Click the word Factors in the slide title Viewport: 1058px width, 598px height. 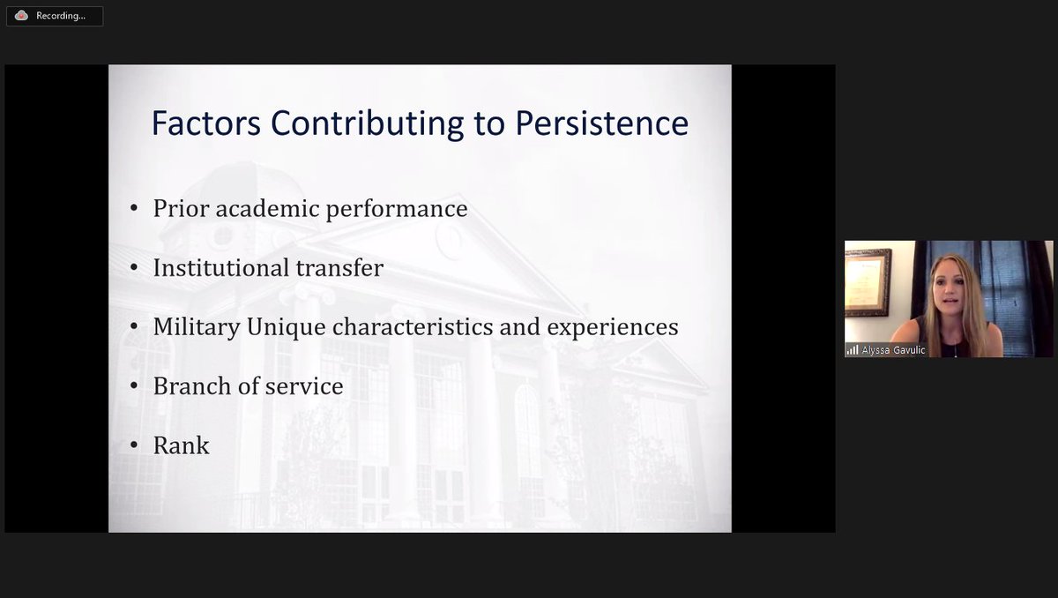point(206,123)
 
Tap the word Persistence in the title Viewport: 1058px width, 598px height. point(601,123)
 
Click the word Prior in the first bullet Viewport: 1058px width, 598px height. point(180,208)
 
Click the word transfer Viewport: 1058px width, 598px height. point(342,267)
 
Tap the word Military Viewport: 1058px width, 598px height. point(196,326)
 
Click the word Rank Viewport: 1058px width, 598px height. point(181,445)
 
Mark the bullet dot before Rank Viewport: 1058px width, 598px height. point(134,445)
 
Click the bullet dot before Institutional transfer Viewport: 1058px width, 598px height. point(134,267)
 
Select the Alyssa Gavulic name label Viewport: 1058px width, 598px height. point(894,350)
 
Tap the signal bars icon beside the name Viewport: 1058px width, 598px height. point(853,350)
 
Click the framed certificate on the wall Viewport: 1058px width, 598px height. point(868,281)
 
